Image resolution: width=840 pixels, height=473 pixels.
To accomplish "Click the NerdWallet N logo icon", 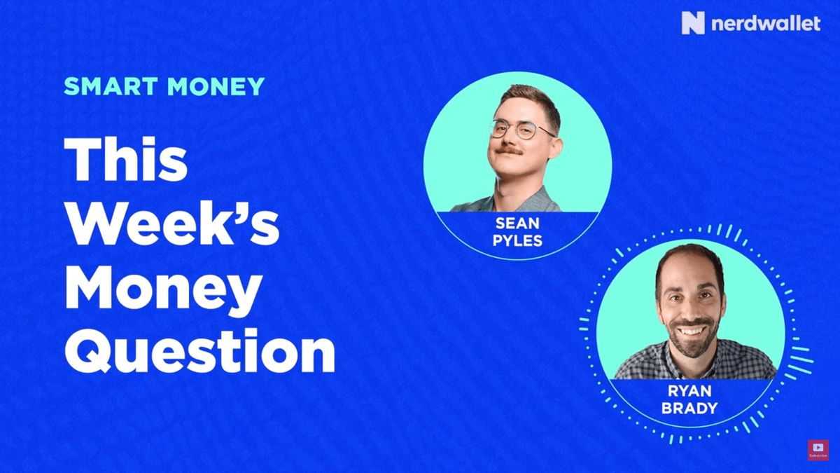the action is coord(693,23).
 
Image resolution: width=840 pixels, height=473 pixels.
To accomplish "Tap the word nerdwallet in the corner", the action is coord(766,23).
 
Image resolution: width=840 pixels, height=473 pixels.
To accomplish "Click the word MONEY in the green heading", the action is coord(216,86).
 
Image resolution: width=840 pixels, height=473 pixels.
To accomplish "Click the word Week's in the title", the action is coord(172,223).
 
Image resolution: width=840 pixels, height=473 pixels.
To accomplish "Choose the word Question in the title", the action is coord(199,350).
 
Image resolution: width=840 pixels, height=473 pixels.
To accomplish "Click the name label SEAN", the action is coord(517,224).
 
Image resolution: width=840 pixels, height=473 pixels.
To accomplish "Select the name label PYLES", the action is coord(517,240).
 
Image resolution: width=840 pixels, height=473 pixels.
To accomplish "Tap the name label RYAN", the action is coord(689,391).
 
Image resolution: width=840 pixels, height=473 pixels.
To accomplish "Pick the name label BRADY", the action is coord(689,408).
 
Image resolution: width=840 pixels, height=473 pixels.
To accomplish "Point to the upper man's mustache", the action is coord(507,150).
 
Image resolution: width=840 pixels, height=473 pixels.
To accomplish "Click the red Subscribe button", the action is coord(818,450).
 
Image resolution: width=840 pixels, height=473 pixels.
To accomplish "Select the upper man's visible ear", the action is coord(555,147).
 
